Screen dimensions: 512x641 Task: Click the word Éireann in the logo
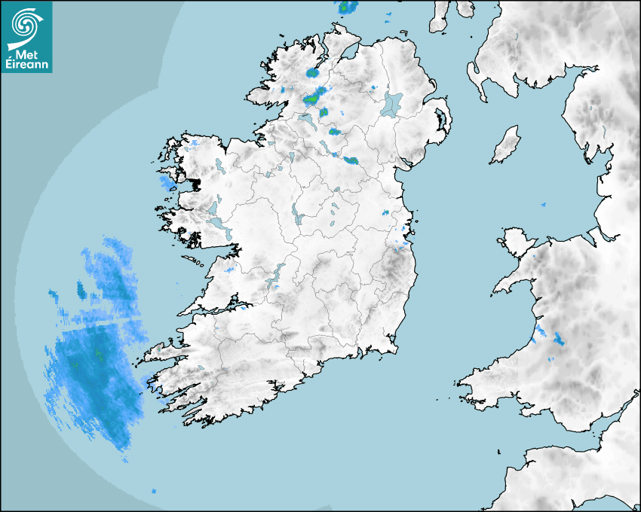26,65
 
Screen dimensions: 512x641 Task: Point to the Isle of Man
506,145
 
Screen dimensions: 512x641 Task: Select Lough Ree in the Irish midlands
296,215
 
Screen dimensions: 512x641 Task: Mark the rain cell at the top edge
347,8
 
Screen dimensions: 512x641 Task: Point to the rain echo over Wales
558,338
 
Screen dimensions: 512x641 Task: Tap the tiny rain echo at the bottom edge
154,491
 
